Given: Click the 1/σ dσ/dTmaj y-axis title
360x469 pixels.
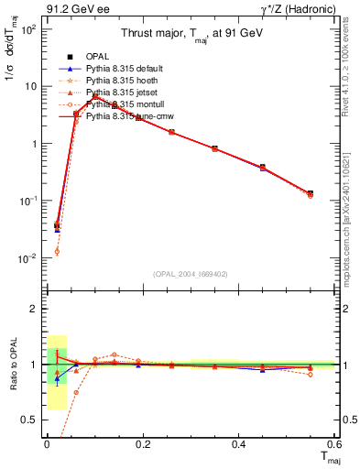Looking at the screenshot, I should [x=12, y=73].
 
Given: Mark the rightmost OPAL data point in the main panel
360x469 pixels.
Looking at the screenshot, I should [x=311, y=193].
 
